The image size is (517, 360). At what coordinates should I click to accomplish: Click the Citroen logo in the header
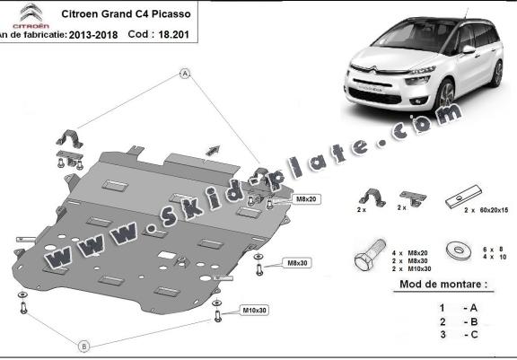(31, 15)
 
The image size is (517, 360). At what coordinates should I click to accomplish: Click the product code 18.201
(173, 35)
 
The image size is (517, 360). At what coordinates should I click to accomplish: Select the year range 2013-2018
(93, 35)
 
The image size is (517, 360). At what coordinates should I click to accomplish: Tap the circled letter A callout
(185, 74)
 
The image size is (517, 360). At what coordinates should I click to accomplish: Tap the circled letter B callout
(84, 347)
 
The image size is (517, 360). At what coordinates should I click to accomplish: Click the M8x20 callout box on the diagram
(306, 199)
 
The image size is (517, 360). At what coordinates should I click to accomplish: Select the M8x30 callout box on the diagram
(297, 263)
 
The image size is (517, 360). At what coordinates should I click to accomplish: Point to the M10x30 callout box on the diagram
(254, 311)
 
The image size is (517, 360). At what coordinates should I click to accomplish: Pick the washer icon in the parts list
(459, 250)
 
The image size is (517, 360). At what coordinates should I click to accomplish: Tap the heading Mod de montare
(443, 285)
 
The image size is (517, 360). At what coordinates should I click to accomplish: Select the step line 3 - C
(459, 335)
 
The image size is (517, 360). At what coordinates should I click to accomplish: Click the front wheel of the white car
(445, 94)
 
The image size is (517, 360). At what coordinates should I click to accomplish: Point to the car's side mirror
(469, 49)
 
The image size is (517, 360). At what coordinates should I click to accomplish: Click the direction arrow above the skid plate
(213, 150)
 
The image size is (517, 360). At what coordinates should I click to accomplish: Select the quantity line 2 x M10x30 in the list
(411, 269)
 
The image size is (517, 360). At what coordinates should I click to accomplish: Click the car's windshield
(416, 36)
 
